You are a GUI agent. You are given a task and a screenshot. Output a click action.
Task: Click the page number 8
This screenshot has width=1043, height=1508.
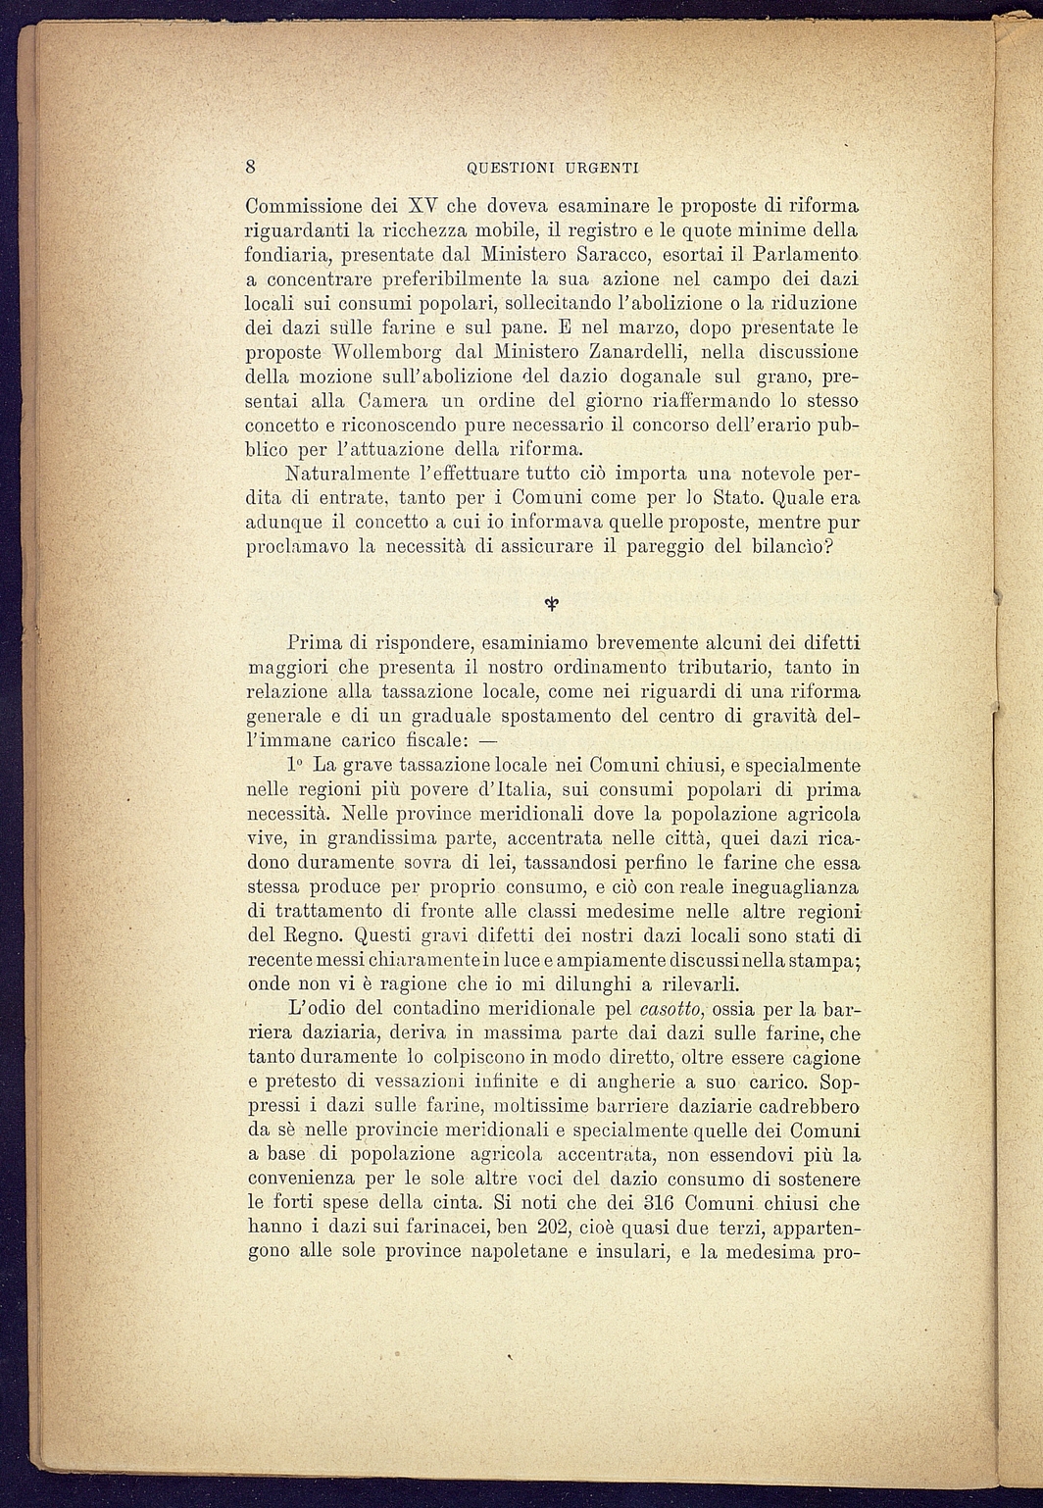point(252,166)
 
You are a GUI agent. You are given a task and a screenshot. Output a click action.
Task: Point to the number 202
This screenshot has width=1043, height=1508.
point(557,1228)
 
